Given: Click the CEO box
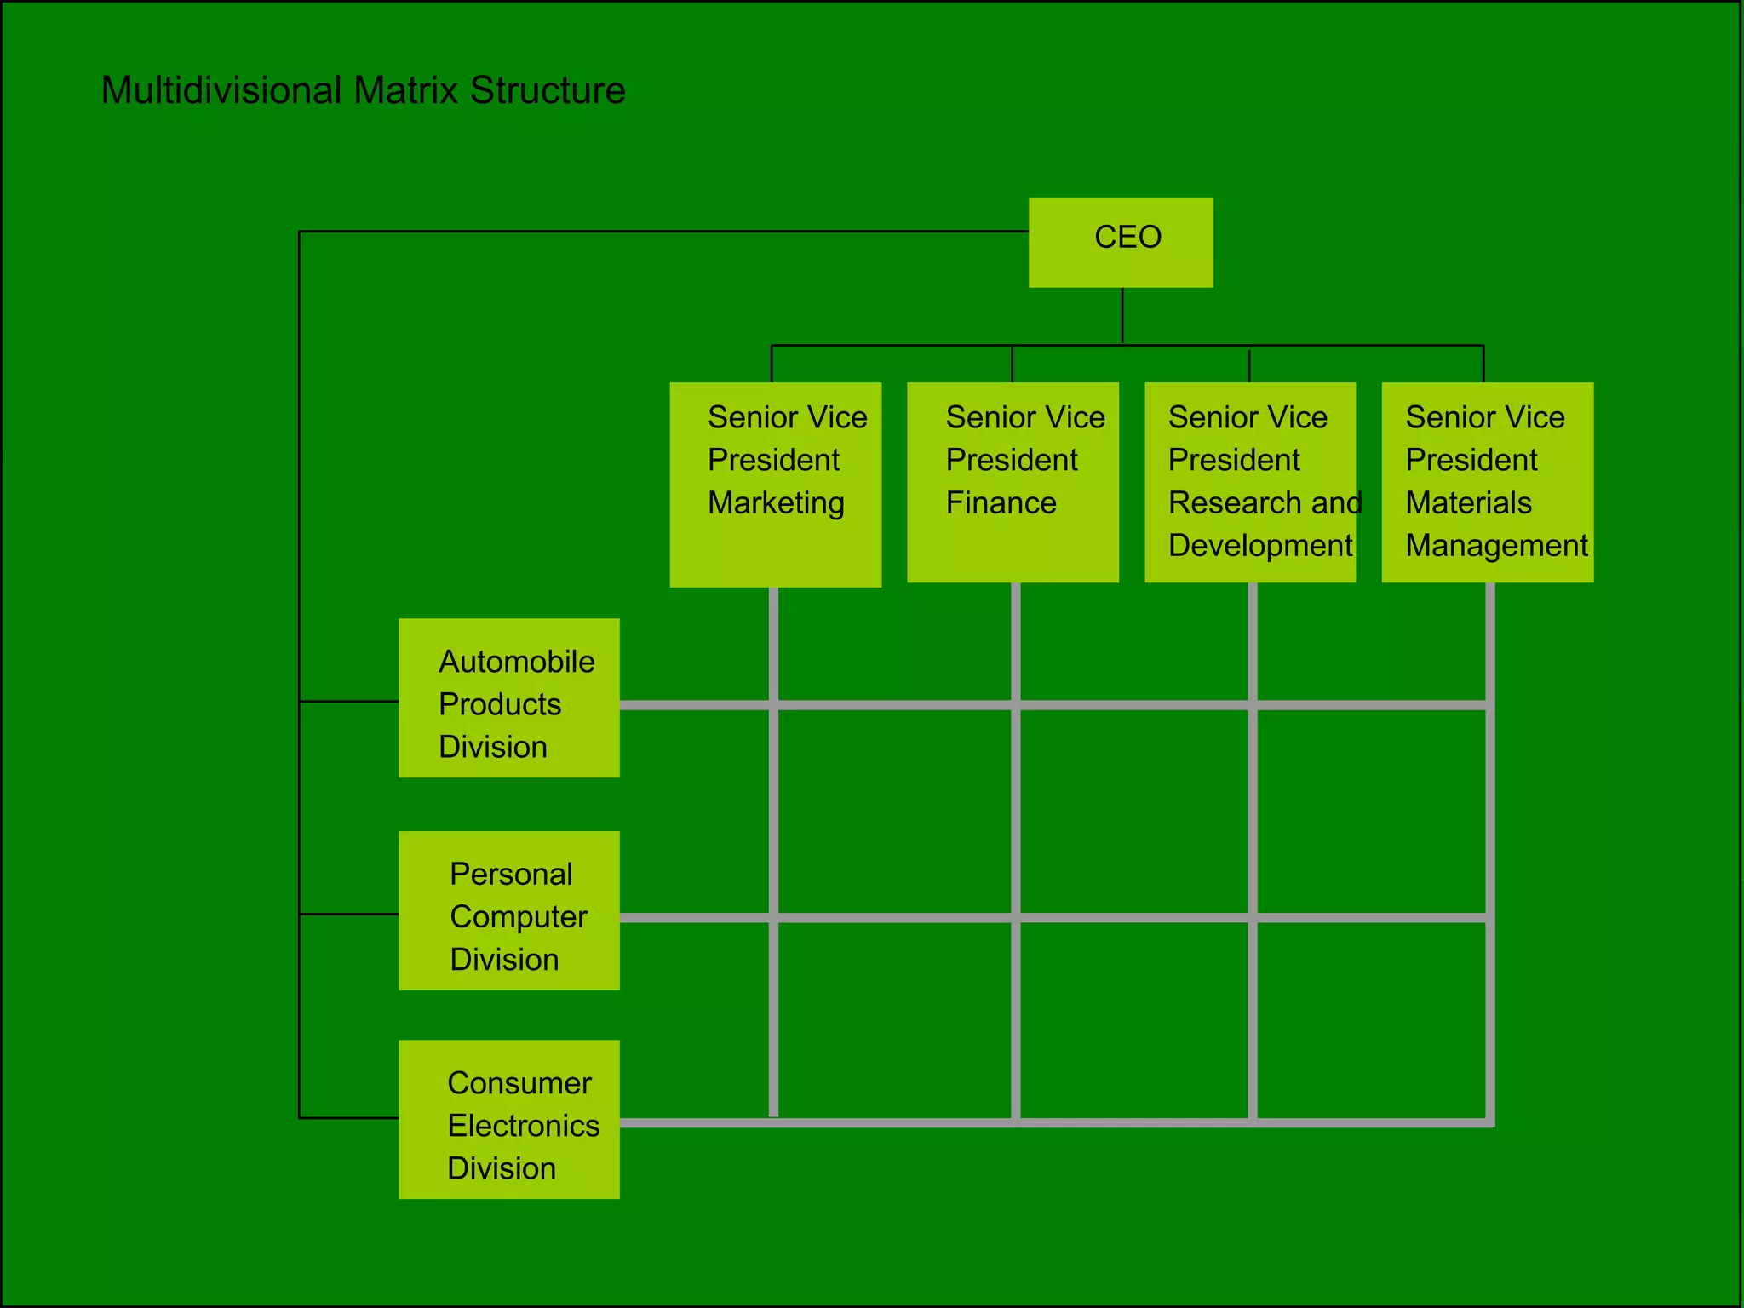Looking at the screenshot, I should pos(1121,242).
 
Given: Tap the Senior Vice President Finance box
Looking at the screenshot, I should pos(1013,482).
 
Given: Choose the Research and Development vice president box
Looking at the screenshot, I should pos(1250,482).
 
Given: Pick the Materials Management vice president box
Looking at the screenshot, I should pos(1487,482).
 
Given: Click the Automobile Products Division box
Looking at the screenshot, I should pos(509,697).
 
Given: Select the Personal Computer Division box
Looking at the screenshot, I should pos(509,910).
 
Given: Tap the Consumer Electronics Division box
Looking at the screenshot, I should pos(509,1119).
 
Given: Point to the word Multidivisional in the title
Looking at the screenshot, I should pos(221,90).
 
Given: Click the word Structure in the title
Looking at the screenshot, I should pos(548,90).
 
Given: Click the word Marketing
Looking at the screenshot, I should pos(776,503).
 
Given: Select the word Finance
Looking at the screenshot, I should pos(1001,503).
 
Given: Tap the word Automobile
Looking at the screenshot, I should pos(516,662).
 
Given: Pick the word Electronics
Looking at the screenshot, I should pos(523,1126).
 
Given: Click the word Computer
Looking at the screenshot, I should pos(518,917).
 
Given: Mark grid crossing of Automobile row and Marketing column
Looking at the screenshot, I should pos(773,705).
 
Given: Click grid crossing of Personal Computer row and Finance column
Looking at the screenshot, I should pos(1015,917).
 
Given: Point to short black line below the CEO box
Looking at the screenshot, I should pos(1122,316).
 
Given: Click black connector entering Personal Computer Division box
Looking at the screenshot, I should pos(349,914).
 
